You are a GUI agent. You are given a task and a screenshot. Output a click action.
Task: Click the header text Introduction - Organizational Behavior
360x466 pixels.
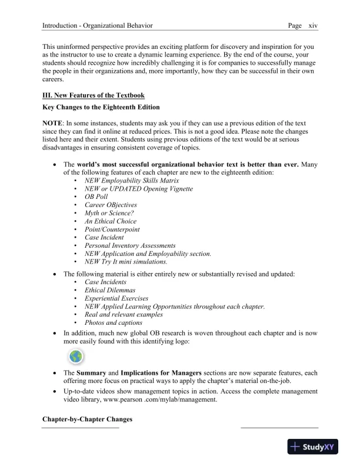[98, 26]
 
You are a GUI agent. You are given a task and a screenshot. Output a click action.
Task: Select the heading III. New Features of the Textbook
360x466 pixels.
[94, 95]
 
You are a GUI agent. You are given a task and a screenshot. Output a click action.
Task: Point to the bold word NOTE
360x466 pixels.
[55, 122]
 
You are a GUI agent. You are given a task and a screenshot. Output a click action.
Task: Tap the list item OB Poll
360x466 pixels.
[98, 197]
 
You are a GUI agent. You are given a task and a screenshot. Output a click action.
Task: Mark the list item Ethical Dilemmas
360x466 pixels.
[110, 290]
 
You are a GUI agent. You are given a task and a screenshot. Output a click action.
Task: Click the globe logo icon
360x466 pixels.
[76, 357]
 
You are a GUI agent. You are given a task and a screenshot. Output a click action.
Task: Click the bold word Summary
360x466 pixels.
[92, 373]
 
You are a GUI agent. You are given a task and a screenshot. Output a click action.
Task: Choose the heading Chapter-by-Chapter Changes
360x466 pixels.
[87, 420]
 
